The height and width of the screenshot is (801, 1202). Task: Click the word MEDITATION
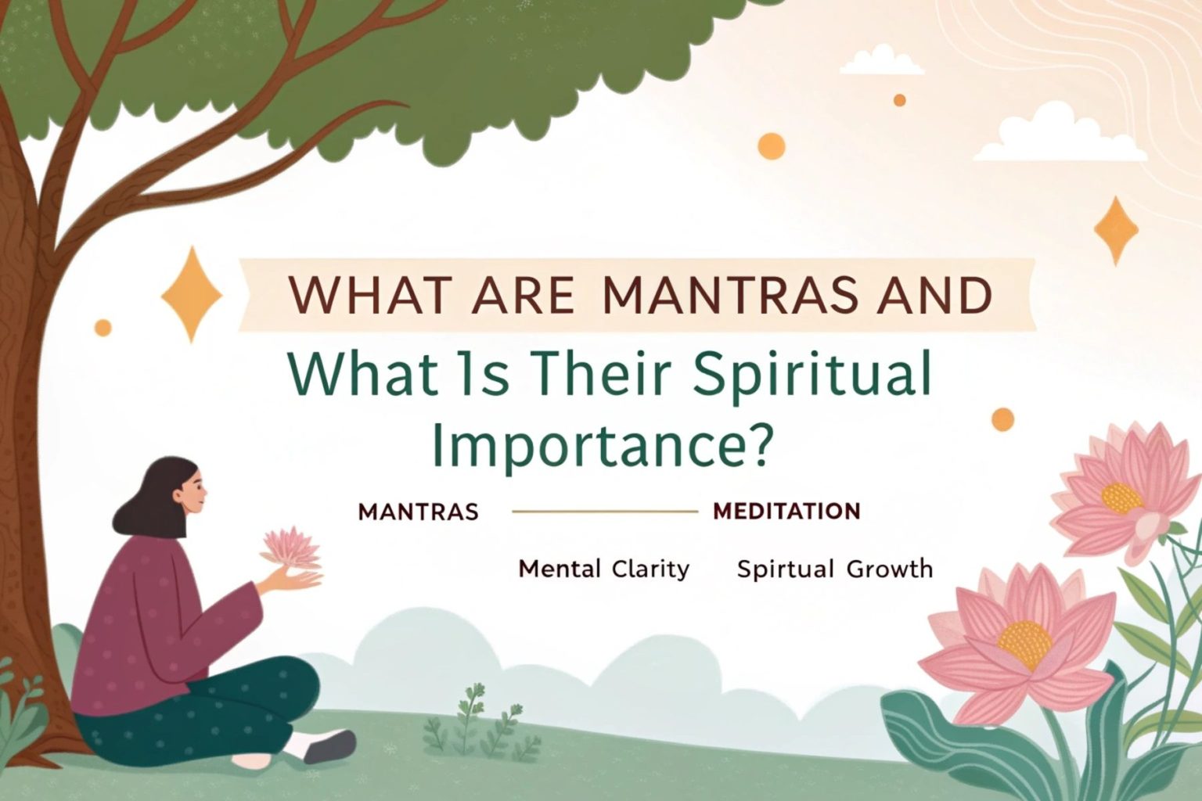point(786,511)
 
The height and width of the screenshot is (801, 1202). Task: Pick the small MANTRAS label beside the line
point(418,512)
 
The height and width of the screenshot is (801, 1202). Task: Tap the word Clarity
point(650,569)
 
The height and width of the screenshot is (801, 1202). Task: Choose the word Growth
point(890,569)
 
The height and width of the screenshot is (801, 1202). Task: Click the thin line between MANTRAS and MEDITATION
point(605,512)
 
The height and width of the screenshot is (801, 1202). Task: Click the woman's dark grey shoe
point(330,745)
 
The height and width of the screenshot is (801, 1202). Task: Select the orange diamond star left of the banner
point(192,294)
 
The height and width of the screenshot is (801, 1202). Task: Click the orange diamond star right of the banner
point(1116,230)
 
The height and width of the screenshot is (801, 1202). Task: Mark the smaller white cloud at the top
point(882,60)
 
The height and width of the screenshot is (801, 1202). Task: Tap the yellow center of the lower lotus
point(1024,645)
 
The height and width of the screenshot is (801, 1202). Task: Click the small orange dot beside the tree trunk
point(103,327)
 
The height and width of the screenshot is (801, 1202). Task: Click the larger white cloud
point(1060,136)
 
